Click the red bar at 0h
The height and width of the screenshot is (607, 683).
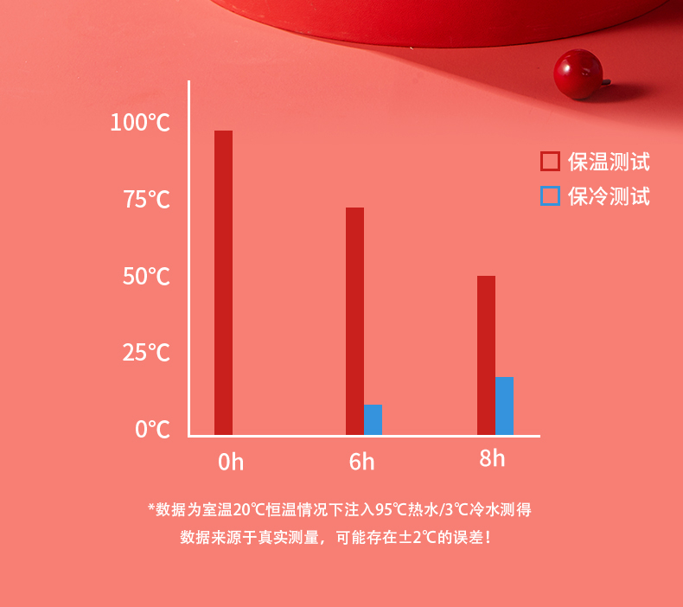(x=223, y=283)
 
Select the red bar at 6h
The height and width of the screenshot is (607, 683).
(x=355, y=321)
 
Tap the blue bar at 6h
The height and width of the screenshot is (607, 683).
(x=373, y=419)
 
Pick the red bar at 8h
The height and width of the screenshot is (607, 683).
(x=486, y=355)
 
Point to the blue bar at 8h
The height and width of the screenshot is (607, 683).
(x=504, y=406)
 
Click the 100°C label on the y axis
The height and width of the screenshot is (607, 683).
(x=140, y=122)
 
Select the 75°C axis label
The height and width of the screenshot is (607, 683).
(x=147, y=200)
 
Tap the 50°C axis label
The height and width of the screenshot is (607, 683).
(x=146, y=276)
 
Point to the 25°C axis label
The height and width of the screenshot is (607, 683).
(x=146, y=353)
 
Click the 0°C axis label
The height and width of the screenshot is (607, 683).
(x=152, y=429)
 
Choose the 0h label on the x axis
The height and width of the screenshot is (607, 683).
(x=231, y=462)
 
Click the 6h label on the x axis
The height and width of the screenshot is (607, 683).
(x=361, y=462)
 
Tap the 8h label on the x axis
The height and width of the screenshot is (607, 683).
(x=492, y=458)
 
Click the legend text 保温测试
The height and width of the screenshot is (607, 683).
(x=609, y=162)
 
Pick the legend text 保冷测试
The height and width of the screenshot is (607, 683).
(x=609, y=196)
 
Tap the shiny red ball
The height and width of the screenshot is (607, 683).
(x=578, y=74)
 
